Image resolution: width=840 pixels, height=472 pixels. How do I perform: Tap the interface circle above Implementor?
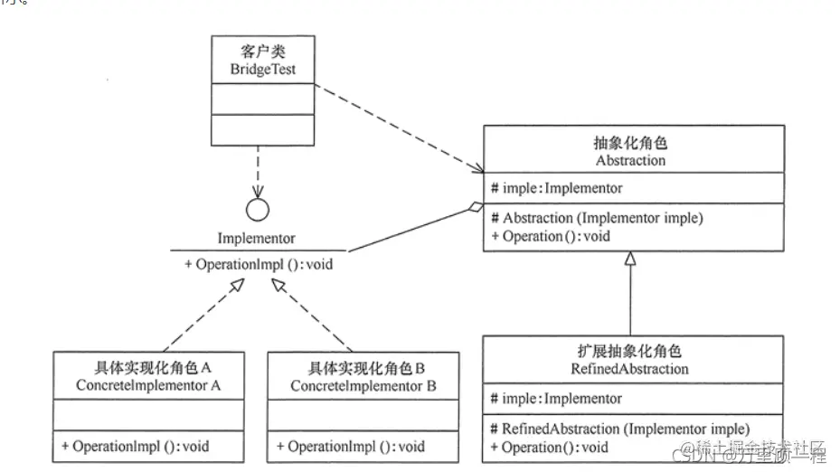[x=259, y=210]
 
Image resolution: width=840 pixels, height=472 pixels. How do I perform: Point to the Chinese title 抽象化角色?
[x=630, y=144]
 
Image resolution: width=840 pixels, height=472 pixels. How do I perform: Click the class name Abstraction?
[x=630, y=160]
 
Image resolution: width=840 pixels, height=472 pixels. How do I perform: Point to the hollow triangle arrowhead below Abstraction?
[x=630, y=260]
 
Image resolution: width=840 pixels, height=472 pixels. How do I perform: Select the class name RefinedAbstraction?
[x=630, y=369]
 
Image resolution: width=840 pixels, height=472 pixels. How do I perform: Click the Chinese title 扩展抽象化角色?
[x=630, y=352]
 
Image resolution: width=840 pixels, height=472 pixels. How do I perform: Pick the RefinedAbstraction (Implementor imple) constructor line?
[x=619, y=429]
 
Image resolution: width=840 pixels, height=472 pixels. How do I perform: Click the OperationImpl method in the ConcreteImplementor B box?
[x=350, y=447]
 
